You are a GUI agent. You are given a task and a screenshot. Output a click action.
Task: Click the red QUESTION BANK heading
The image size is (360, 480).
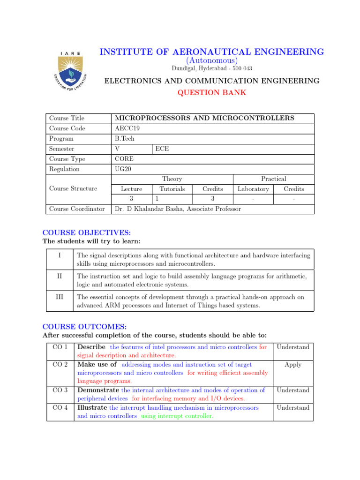point(211,92)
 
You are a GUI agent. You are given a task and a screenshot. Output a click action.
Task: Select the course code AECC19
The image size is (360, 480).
point(127,128)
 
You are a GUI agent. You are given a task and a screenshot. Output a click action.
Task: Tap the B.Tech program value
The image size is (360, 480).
point(124,139)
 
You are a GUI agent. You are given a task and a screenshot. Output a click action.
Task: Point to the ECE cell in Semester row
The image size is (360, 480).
point(162,149)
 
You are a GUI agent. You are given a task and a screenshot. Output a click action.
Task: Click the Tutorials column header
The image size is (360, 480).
point(172,189)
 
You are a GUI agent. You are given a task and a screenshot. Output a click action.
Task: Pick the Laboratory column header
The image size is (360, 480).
point(253,189)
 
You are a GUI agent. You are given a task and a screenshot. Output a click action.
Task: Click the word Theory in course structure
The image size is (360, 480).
point(172,179)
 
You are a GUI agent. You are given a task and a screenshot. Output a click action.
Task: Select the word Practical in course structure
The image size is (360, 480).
point(273,179)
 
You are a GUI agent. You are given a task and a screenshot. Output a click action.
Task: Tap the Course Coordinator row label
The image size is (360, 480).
point(77,209)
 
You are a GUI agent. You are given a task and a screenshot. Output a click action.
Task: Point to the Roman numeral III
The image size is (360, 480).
point(60,297)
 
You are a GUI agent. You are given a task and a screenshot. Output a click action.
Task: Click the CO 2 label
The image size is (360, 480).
point(60,364)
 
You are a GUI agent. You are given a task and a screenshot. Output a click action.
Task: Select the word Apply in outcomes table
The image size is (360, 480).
point(293,364)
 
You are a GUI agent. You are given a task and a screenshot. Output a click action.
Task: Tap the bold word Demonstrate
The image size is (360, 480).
point(98,390)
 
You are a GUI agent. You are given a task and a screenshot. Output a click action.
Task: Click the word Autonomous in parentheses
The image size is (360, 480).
point(211,60)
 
